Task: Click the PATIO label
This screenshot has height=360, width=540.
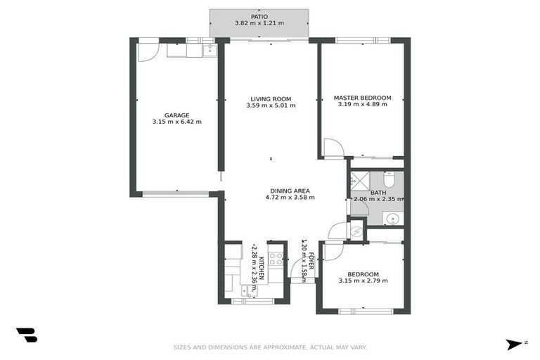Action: click(259, 15)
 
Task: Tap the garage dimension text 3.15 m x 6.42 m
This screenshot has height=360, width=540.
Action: click(176, 122)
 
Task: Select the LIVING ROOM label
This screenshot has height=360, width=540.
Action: click(271, 99)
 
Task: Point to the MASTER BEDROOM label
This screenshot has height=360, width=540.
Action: click(362, 98)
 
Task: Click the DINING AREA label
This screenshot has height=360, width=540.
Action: click(290, 191)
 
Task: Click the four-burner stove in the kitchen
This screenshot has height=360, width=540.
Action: click(276, 259)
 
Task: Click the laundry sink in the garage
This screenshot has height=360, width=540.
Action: click(209, 50)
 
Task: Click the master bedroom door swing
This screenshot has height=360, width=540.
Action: click(332, 148)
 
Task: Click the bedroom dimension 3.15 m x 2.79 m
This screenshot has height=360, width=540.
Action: click(362, 281)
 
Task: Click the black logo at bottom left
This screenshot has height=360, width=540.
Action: click(26, 335)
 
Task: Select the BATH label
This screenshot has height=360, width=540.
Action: click(378, 193)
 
